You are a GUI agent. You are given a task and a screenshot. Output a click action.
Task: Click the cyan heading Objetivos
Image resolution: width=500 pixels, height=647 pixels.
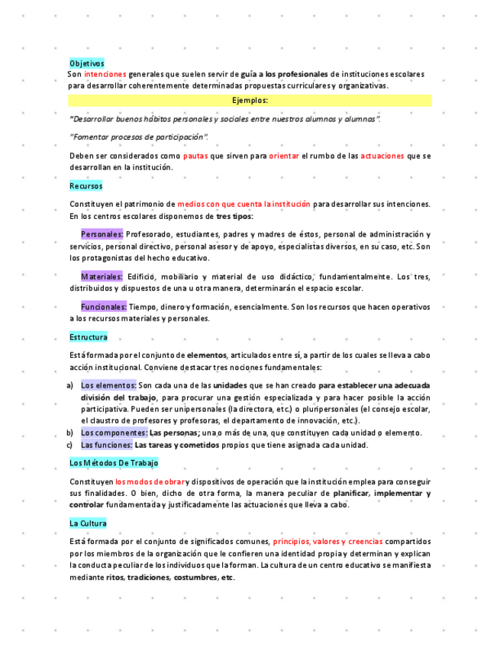pyautogui.click(x=86, y=63)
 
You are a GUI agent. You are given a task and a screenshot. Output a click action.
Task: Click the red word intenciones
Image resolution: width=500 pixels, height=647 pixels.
pyautogui.click(x=105, y=74)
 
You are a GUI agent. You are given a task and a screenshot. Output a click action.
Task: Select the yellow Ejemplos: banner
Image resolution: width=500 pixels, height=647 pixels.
pyautogui.click(x=250, y=100)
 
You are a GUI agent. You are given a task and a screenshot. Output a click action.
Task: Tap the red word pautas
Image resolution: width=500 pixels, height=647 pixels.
pyautogui.click(x=195, y=156)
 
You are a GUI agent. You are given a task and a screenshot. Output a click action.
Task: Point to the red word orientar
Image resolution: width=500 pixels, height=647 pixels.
pyautogui.click(x=284, y=156)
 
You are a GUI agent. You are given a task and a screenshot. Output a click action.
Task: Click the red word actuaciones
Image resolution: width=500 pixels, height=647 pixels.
pyautogui.click(x=382, y=156)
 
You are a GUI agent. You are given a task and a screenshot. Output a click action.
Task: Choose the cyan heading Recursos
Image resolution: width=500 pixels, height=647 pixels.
pyautogui.click(x=85, y=185)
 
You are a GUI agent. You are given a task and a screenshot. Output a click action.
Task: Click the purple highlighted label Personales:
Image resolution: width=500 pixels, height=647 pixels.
pyautogui.click(x=102, y=234)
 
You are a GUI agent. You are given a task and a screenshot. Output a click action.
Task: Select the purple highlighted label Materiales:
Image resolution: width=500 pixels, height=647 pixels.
pyautogui.click(x=102, y=276)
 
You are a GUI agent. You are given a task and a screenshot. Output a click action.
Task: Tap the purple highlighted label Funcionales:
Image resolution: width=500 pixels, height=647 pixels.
pyautogui.click(x=104, y=307)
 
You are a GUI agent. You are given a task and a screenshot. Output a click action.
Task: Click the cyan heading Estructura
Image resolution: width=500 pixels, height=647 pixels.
pyautogui.click(x=89, y=336)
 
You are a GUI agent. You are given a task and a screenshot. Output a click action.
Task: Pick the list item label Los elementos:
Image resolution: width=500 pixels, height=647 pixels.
pyautogui.click(x=108, y=385)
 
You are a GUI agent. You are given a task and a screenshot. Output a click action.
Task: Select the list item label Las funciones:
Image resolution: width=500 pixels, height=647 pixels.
pyautogui.click(x=107, y=445)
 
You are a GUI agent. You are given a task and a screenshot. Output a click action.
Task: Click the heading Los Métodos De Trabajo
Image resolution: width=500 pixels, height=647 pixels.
pyautogui.click(x=114, y=462)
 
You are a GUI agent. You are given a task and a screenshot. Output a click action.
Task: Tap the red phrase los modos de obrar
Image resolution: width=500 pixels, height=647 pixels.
pyautogui.click(x=150, y=481)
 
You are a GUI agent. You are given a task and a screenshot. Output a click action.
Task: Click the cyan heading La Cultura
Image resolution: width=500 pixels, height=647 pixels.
pyautogui.click(x=88, y=523)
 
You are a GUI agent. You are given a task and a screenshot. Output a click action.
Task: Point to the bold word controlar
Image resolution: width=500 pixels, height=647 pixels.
pyautogui.click(x=85, y=504)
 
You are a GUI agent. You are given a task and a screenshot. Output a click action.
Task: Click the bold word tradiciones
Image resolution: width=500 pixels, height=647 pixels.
pyautogui.click(x=148, y=578)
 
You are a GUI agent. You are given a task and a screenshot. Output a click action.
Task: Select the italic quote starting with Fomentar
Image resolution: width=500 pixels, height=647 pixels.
pyautogui.click(x=139, y=137)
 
